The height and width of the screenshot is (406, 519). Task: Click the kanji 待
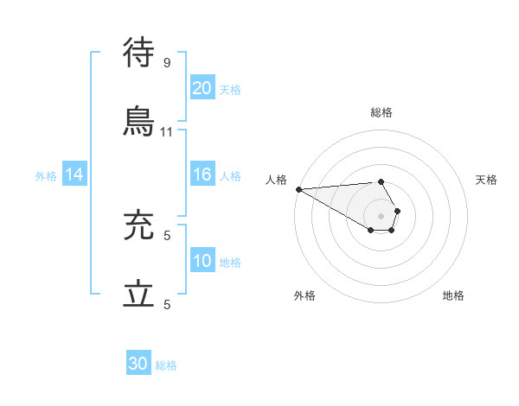coord(139,53)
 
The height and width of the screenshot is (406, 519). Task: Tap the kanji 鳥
coord(139,122)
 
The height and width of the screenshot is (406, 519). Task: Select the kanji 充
coord(139,226)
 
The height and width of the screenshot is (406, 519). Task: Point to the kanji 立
coord(139,295)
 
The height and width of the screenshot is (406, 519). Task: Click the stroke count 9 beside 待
coord(167,62)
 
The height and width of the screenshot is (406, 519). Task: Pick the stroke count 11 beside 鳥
coord(167,131)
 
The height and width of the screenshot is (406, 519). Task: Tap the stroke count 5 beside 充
coord(167,235)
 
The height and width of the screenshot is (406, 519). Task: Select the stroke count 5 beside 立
coord(167,304)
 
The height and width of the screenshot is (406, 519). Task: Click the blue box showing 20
coord(202,88)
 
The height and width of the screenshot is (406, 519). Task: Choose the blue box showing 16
coord(202,174)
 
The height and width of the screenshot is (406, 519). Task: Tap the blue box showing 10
coord(202,261)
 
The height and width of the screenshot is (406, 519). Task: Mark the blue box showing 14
coord(74,175)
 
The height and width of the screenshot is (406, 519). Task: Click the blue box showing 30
coord(138,365)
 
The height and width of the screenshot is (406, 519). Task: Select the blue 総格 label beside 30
coord(166,365)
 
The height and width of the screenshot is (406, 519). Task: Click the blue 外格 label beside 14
coord(46,176)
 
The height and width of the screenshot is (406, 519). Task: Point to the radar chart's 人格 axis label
coord(276,180)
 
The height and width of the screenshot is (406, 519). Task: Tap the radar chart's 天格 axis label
coord(487,180)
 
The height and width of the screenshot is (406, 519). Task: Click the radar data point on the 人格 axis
coord(298,189)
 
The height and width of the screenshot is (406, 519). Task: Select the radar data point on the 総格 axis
coord(381,181)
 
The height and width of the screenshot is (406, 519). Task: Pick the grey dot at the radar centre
coord(381,215)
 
